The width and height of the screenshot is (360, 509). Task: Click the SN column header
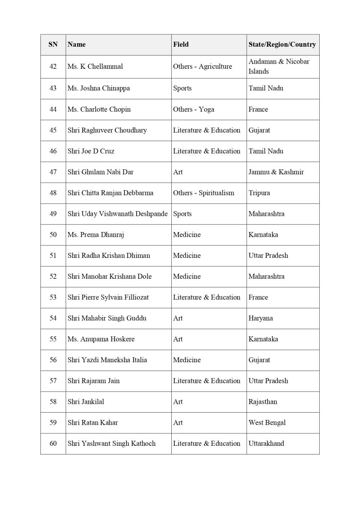(53, 44)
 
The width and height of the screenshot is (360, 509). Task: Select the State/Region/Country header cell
(282, 44)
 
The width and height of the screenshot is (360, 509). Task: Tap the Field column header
(181, 44)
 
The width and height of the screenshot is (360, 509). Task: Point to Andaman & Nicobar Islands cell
(279, 67)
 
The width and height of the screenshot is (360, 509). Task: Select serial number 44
(53, 109)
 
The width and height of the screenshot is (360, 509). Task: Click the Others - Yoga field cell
(193, 109)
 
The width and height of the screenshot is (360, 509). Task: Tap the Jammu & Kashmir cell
(276, 172)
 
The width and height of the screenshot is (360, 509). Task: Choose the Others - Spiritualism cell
(204, 193)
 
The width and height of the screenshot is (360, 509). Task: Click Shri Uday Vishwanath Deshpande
(117, 214)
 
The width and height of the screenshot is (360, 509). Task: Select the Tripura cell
(259, 193)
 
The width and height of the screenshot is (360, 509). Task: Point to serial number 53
(53, 297)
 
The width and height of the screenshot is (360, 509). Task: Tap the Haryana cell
(261, 318)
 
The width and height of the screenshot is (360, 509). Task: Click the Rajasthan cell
(263, 401)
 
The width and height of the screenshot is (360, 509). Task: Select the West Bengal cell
(267, 422)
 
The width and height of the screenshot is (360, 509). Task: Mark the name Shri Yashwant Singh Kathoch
(112, 443)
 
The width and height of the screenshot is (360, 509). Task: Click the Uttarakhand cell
(266, 443)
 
